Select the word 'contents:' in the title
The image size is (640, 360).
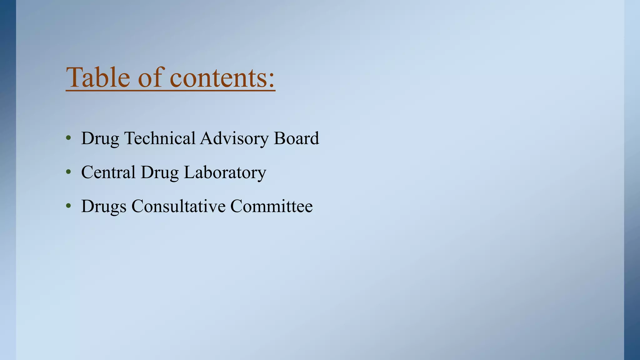pos(222,78)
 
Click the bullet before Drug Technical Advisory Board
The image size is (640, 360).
pos(68,138)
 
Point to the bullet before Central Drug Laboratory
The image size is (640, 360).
pos(68,172)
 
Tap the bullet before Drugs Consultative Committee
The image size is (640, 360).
pos(68,206)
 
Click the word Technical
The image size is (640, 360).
pos(160,138)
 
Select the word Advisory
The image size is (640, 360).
pos(234,139)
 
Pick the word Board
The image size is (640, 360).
pos(296,138)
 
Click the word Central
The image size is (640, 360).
pos(108,172)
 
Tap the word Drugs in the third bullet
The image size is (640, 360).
pos(104,207)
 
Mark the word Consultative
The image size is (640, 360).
pos(178,206)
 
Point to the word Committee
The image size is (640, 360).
pos(272,206)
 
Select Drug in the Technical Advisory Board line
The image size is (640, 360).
pos(100,139)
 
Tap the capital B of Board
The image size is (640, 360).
pos(279,138)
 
